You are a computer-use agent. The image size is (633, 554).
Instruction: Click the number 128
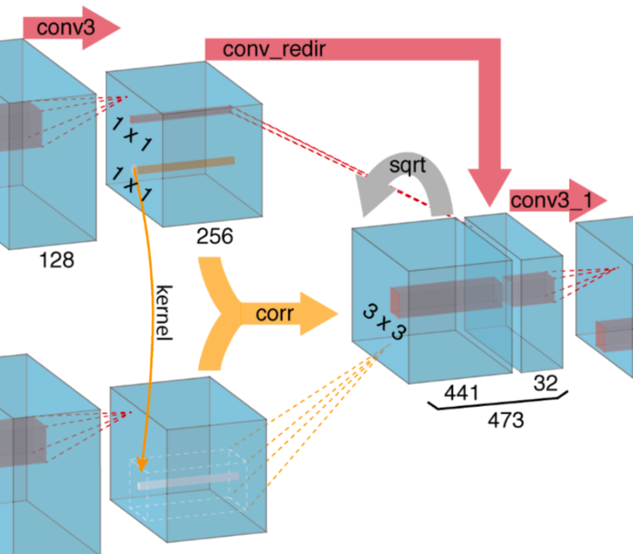pyautogui.click(x=56, y=259)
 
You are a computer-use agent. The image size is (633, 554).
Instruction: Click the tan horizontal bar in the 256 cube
pyautogui.click(x=183, y=164)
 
